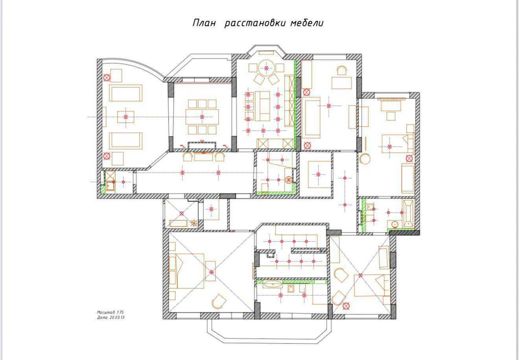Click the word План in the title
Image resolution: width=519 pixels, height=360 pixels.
click(x=204, y=23)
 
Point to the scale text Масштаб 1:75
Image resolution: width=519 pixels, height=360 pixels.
click(x=110, y=312)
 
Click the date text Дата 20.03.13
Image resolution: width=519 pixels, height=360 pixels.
click(x=110, y=318)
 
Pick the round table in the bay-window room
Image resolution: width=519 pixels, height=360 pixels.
click(x=267, y=68)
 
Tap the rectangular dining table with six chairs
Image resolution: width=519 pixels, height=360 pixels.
click(x=202, y=116)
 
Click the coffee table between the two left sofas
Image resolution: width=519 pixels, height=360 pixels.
click(x=125, y=117)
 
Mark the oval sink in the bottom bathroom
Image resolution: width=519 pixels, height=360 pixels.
click(x=272, y=284)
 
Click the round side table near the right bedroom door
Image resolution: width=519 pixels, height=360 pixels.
click(x=365, y=159)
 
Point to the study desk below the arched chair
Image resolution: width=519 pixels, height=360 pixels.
click(x=342, y=83)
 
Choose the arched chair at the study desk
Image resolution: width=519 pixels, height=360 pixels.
click(x=342, y=70)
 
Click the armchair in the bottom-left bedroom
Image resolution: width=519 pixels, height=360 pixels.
click(x=219, y=301)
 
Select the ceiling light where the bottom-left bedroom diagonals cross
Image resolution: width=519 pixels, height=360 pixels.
click(x=211, y=272)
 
